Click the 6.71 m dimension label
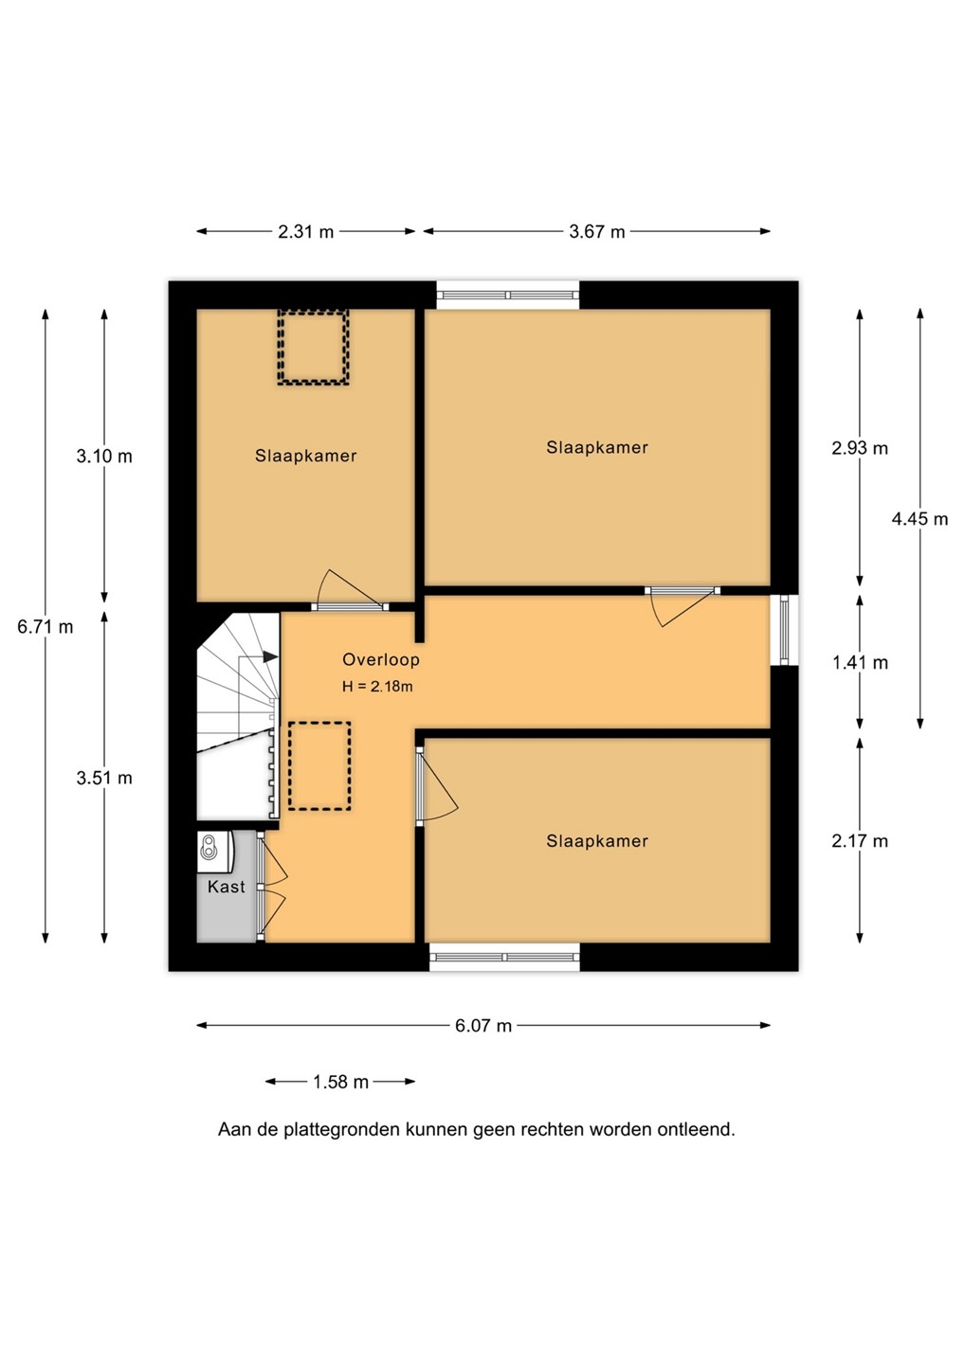click(46, 627)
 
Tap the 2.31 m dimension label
click(306, 231)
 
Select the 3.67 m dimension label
click(597, 231)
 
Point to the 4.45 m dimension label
click(919, 519)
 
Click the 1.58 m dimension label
click(340, 1082)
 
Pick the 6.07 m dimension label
click(483, 1026)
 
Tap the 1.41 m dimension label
click(860, 662)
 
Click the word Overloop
click(381, 659)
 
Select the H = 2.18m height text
click(377, 686)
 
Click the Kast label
click(226, 887)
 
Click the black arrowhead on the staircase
click(271, 656)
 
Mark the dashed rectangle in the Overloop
click(319, 765)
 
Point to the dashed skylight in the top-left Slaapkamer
click(313, 347)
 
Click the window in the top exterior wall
click(507, 296)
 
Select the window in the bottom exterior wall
click(504, 957)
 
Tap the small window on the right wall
click(784, 630)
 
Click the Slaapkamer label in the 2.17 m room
click(597, 841)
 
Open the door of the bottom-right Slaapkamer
click(437, 786)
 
